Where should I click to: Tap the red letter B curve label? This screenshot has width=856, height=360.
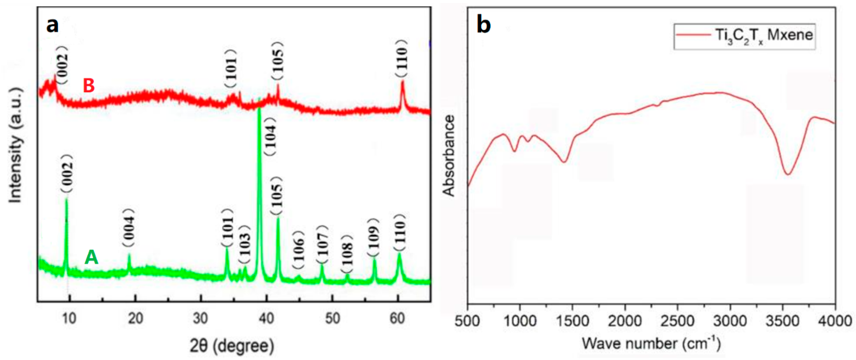89,85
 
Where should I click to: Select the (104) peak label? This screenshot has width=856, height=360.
270,136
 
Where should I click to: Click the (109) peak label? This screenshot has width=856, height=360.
373,237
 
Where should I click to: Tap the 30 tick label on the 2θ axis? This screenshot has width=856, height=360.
200,318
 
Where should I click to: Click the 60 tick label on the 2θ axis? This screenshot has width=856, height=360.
397,318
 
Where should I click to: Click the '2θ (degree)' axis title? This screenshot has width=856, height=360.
232,346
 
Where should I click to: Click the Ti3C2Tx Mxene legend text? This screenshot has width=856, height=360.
764,35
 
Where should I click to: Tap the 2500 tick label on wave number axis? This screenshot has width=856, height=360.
677,321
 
